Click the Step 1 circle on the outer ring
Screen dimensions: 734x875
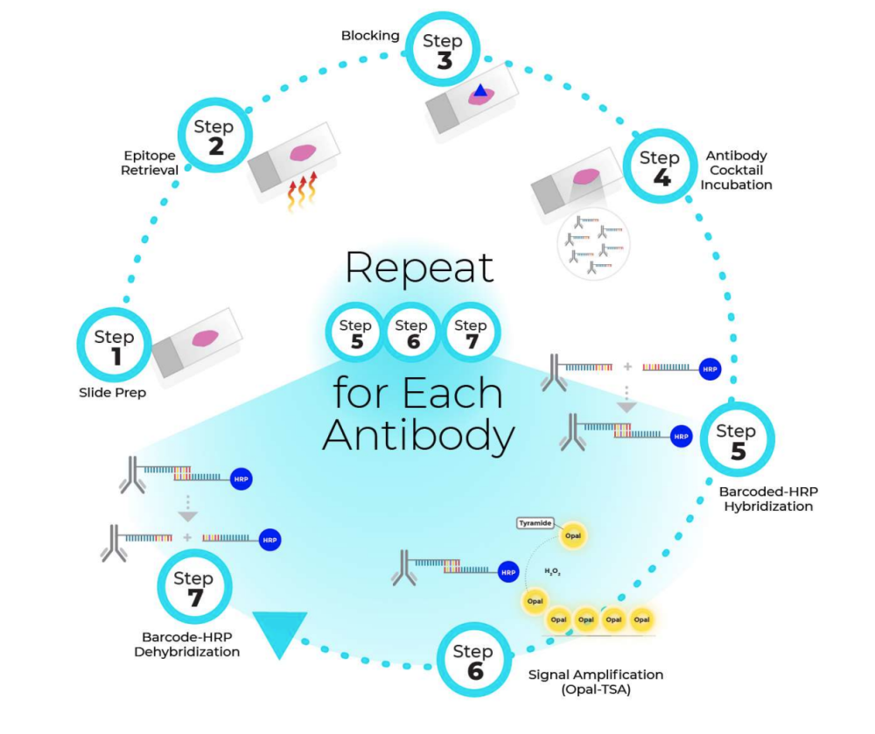115,345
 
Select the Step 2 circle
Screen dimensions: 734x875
214,136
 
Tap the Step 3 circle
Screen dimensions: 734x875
443,50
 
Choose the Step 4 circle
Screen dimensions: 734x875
659,167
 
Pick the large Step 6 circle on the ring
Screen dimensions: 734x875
473,661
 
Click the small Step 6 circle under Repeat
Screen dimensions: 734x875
411,333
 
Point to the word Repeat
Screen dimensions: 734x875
419,268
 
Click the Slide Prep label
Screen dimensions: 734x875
113,393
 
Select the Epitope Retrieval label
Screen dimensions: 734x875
150,163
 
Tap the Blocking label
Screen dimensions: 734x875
370,36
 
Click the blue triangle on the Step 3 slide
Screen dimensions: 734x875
479,89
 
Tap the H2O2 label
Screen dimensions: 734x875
552,571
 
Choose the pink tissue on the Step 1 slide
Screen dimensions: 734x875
205,338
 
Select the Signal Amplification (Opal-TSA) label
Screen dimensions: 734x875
596,682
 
